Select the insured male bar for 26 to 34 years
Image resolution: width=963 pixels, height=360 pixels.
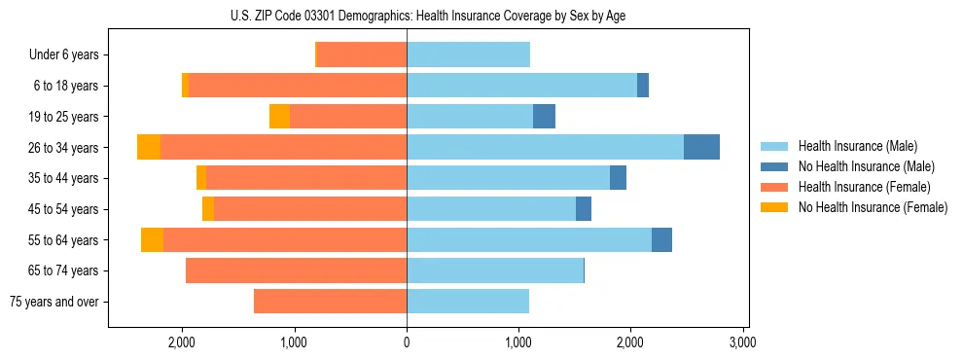545,147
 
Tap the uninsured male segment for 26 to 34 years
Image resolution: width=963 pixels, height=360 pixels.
701,147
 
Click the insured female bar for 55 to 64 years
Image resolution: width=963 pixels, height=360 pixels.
284,240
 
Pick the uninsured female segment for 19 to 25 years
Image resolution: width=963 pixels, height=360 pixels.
279,117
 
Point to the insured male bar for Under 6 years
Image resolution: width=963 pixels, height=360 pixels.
468,54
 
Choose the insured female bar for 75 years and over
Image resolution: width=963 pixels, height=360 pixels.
330,302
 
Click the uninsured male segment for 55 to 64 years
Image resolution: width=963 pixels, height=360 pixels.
661,240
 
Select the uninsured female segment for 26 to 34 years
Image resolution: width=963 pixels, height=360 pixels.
149,147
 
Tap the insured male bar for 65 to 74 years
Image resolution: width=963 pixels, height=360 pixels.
495,270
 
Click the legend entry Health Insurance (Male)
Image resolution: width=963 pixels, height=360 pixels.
857,146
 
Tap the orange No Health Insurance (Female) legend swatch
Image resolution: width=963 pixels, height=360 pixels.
774,207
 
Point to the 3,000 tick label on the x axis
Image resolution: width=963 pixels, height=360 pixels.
742,343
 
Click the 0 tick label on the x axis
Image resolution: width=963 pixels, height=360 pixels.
407,343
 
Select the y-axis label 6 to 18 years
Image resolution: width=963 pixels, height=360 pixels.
66,86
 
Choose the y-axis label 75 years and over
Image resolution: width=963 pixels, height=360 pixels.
53,302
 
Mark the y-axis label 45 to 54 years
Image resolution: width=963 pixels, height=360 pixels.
63,209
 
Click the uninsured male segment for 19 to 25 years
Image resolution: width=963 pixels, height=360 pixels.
544,117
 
